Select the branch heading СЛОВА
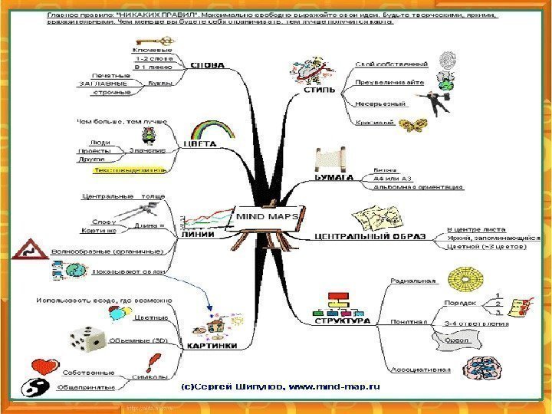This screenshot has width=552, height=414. (207, 66)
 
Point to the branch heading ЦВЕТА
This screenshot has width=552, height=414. (202, 143)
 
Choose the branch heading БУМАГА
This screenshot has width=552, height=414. (334, 178)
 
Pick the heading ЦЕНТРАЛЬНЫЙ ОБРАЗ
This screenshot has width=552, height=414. (370, 237)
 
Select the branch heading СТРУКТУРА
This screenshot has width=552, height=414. (343, 321)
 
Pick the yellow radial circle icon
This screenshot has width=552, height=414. (463, 278)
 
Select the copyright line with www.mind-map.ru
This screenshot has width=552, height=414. (280, 388)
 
